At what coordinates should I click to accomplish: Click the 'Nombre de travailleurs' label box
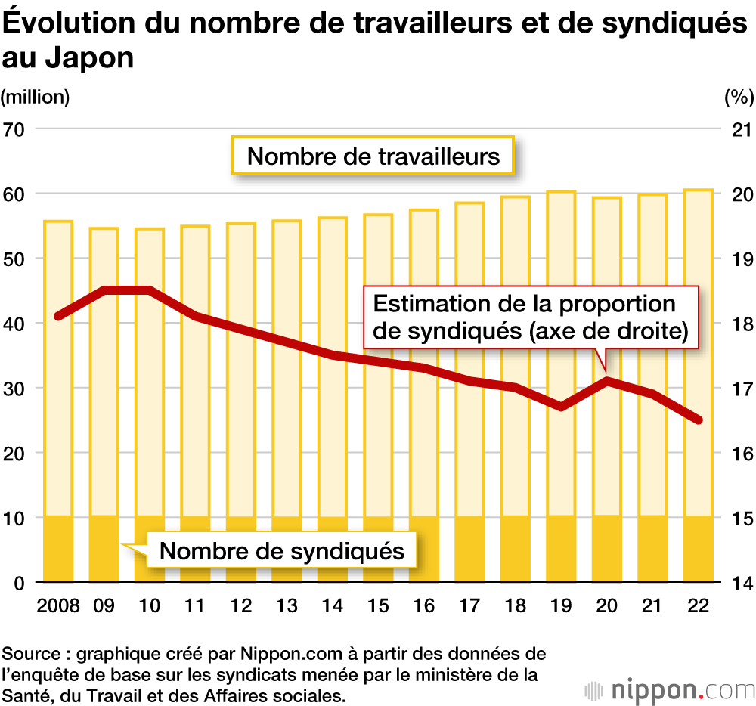pyautogui.click(x=373, y=156)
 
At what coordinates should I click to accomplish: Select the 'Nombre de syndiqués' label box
pyautogui.click(x=282, y=550)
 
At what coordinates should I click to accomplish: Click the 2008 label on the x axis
pyautogui.click(x=57, y=607)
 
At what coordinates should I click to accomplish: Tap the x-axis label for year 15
pyautogui.click(x=378, y=607)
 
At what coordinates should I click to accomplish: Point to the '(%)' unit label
pyautogui.click(x=739, y=97)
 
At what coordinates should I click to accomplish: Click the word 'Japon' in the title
pyautogui.click(x=90, y=57)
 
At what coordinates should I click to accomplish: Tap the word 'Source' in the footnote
pyautogui.click(x=29, y=653)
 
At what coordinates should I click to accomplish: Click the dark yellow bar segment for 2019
pyautogui.click(x=561, y=550)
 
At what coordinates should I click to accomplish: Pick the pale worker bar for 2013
pyautogui.click(x=287, y=363)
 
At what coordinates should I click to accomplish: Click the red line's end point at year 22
pyautogui.click(x=699, y=420)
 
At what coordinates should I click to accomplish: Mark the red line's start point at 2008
pyautogui.click(x=58, y=317)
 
